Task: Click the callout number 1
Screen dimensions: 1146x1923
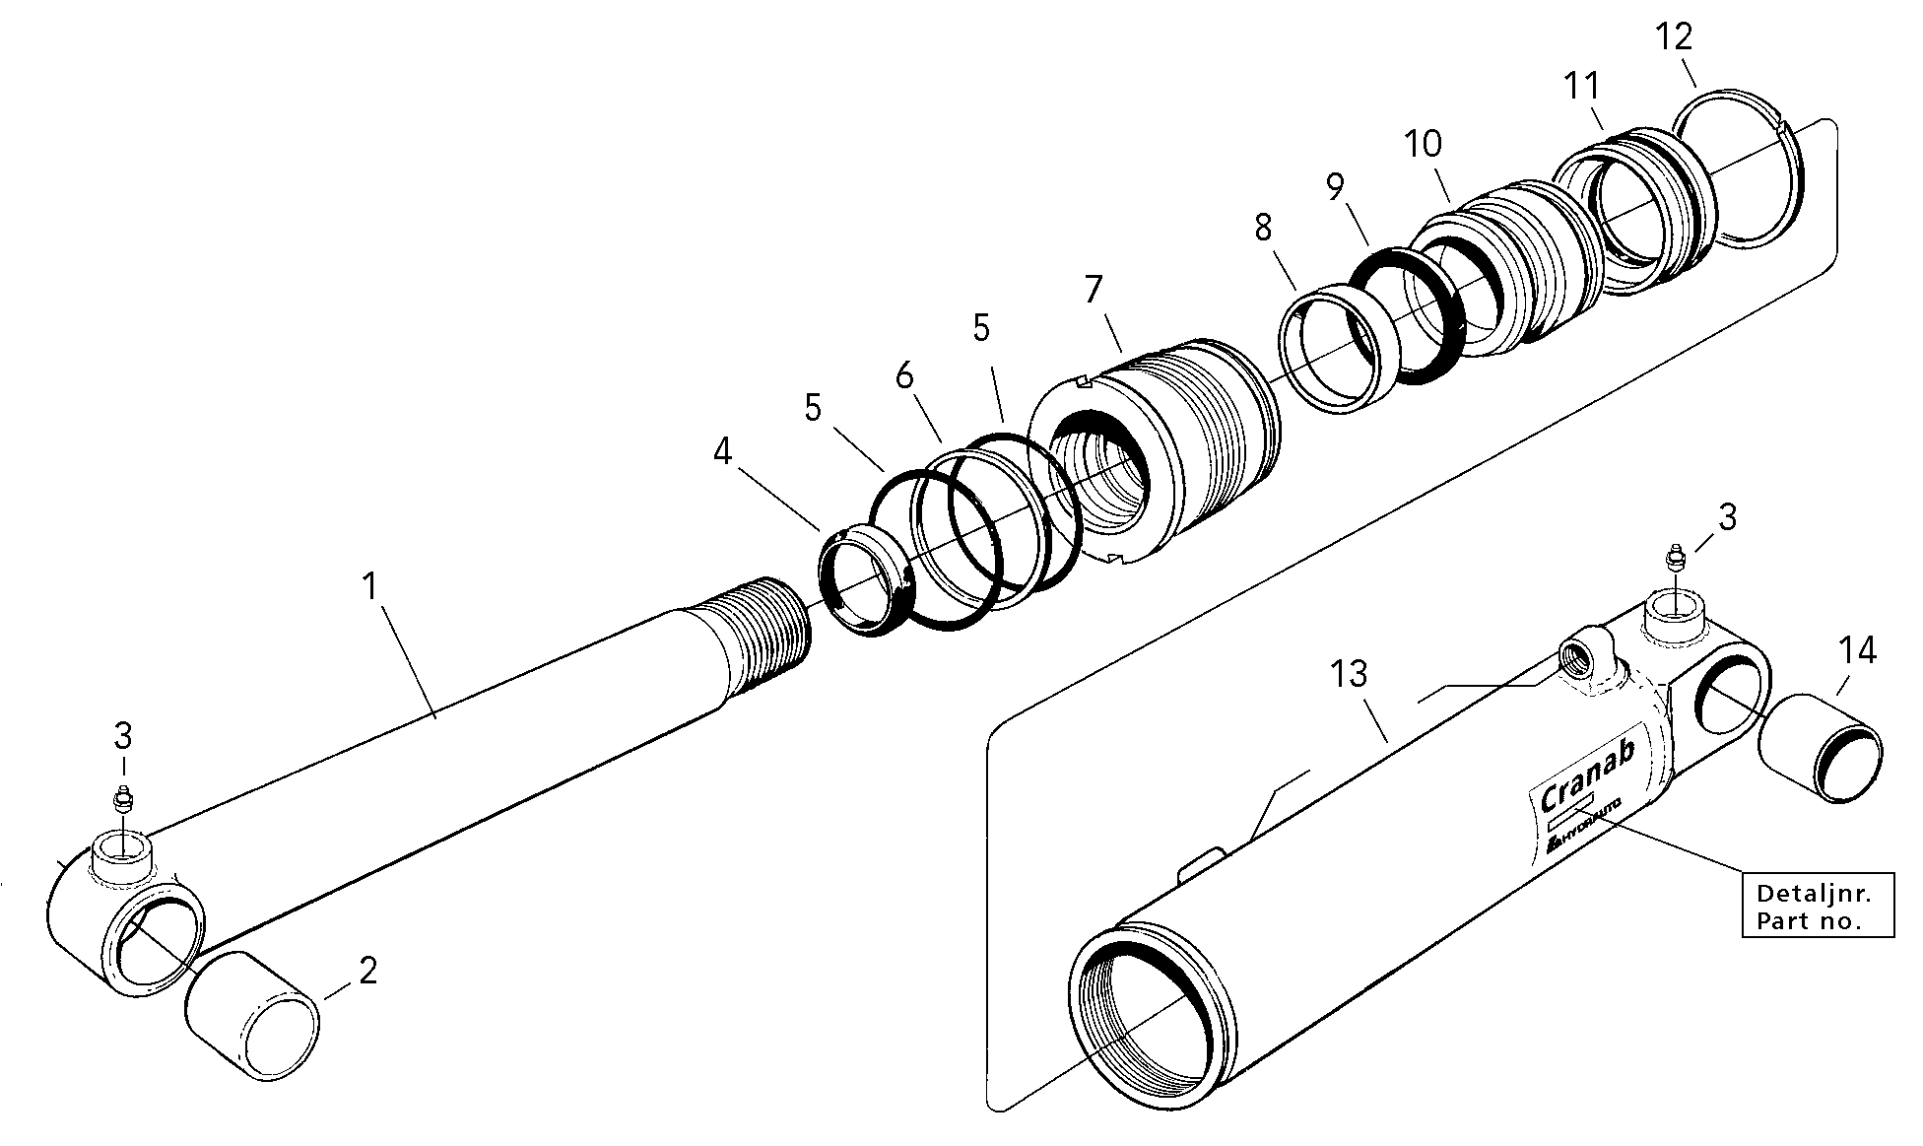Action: [x=369, y=587]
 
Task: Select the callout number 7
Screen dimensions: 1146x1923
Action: [x=1094, y=290]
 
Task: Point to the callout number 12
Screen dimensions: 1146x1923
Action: [x=1674, y=36]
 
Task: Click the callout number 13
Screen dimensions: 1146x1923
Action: [x=1349, y=674]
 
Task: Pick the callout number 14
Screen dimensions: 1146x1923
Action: [x=1857, y=650]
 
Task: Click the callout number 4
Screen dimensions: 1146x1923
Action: [x=723, y=452]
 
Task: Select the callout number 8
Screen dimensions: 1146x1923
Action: [x=1263, y=228]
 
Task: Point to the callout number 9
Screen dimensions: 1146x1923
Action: [x=1335, y=186]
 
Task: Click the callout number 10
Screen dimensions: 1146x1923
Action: [x=1423, y=144]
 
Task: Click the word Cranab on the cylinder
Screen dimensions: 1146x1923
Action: [x=1586, y=773]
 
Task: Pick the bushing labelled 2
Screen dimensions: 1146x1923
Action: [x=253, y=1016]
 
